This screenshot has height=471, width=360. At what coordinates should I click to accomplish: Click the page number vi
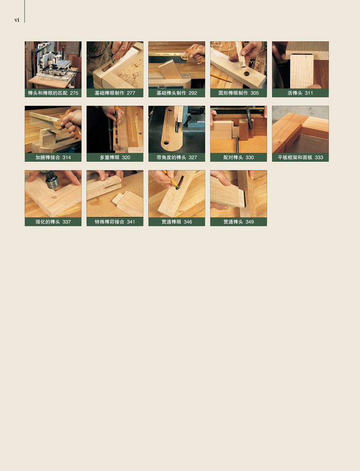pos(17,20)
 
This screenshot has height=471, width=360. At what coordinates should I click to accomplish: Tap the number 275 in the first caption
pos(74,93)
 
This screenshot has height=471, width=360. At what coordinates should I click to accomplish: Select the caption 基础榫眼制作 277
pos(115,93)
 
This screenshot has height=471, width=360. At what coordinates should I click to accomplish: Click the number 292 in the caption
pos(193,93)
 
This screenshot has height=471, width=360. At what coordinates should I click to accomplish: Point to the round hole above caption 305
pos(247,73)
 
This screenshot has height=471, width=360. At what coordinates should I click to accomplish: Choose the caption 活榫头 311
pos(300,93)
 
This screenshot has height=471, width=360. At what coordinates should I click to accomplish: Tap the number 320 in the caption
pos(126,157)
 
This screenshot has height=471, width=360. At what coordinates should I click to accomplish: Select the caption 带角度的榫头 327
pos(177,157)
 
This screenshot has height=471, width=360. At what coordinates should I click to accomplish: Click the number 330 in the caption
pos(249,157)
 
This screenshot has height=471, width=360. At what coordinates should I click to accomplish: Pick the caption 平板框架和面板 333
pos(300,157)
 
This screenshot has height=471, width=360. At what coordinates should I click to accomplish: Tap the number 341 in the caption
pos(131,222)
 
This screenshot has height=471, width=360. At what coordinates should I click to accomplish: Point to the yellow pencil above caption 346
pos(172,180)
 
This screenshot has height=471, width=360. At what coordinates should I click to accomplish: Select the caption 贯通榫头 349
pos(238,222)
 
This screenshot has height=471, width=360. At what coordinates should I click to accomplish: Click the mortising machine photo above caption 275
pos(53,65)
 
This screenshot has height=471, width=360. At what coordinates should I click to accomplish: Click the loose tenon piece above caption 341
pos(127,203)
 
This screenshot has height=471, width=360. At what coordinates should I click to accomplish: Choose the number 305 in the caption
pos(254,93)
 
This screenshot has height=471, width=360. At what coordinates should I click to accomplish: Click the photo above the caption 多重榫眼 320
pos(115,130)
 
